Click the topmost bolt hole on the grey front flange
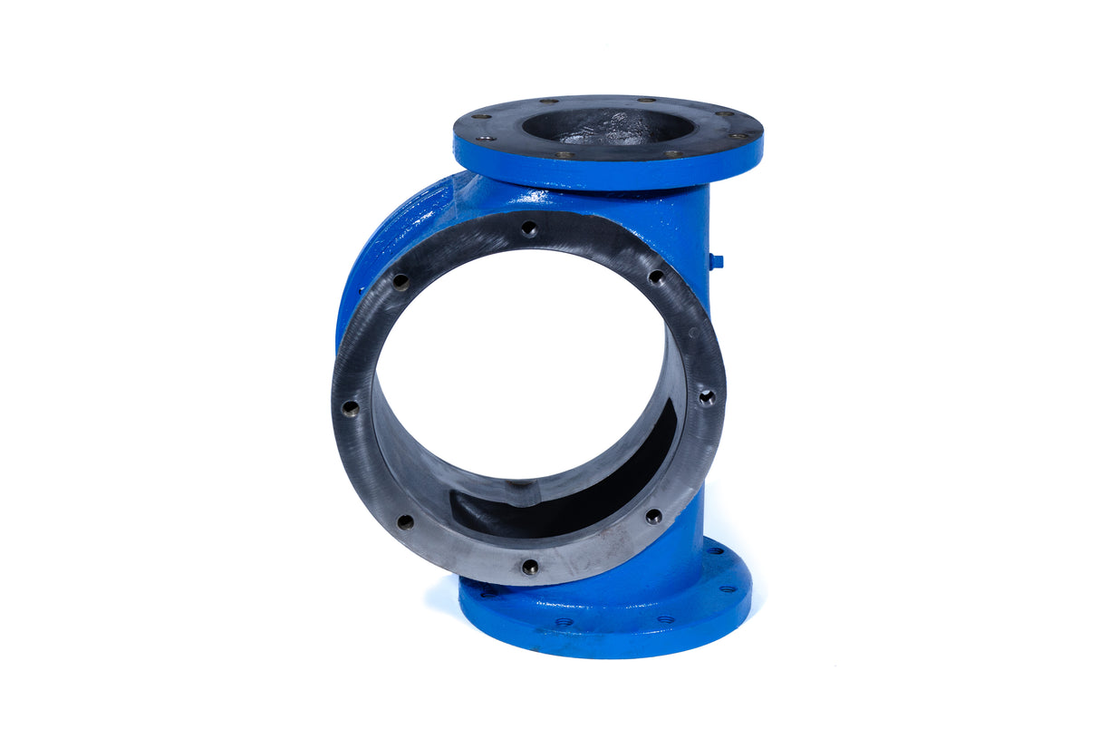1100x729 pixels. tap(529, 229)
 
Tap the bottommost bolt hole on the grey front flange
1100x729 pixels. tap(530, 567)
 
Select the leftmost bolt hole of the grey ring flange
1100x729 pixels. tap(350, 408)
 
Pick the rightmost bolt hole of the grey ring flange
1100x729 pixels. tap(707, 396)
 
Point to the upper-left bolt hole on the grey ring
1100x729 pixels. tap(399, 282)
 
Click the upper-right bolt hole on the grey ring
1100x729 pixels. tap(655, 277)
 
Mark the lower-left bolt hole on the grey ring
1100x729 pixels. tap(404, 521)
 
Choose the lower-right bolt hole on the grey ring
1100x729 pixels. tap(653, 516)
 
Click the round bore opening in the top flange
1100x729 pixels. tap(608, 126)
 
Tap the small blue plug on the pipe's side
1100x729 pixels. tap(716, 261)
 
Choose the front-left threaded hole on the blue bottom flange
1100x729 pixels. tap(564, 622)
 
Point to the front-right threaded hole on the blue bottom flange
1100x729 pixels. tap(666, 619)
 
